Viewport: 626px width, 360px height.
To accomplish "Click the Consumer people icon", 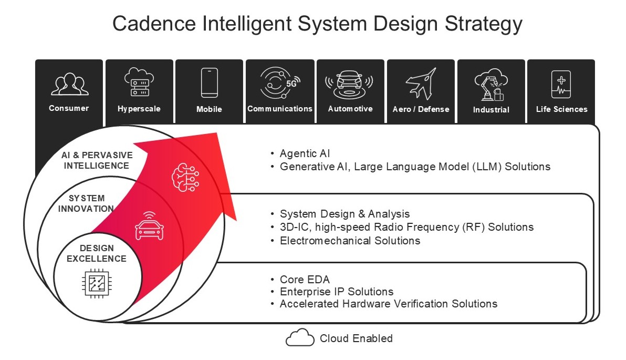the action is point(69,84).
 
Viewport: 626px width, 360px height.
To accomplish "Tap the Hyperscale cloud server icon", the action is point(139,82).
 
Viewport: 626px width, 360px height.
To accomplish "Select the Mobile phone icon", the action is point(209,83).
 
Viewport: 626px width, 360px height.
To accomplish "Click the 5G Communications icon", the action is point(279,83).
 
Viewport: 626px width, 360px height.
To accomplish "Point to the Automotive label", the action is point(350,109).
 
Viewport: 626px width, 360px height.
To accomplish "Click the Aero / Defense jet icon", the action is point(421,84).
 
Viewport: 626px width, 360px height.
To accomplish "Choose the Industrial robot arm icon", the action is point(491,84).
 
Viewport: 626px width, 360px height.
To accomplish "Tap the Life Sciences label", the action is point(562,109).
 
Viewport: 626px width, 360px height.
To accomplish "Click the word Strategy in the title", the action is point(484,24).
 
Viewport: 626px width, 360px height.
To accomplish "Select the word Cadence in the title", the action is point(154,23).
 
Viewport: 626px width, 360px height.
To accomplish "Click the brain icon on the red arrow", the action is point(185,177).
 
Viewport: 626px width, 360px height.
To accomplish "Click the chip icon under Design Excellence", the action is point(97,283).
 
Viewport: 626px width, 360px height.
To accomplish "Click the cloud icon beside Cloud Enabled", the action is point(300,337).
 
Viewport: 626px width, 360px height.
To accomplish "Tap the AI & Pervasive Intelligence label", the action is point(97,160).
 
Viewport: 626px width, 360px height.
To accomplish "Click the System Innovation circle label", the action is point(86,203).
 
